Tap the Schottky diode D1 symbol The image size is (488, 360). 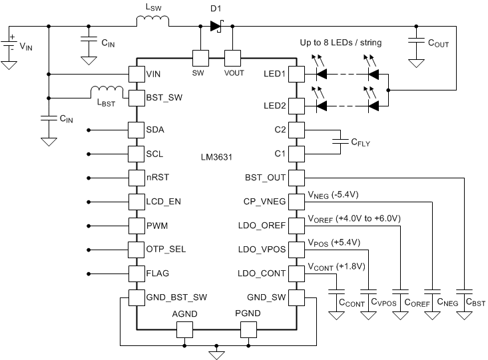[x=215, y=27]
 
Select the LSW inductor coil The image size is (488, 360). [x=152, y=25]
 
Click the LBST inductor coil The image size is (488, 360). [x=107, y=90]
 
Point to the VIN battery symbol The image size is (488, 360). [x=9, y=48]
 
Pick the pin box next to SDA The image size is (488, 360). [x=136, y=130]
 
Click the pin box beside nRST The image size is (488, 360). [x=136, y=178]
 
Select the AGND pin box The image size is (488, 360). [x=184, y=329]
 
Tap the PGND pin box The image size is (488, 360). [x=248, y=329]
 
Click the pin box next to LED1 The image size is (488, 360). [x=296, y=74]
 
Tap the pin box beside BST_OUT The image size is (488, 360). [x=296, y=178]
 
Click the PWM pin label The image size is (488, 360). [x=156, y=226]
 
